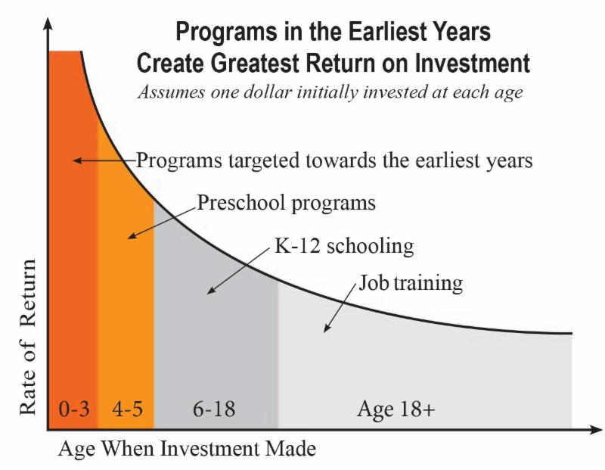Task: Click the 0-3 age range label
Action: tap(74, 410)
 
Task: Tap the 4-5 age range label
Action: tap(126, 410)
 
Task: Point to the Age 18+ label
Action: tap(396, 410)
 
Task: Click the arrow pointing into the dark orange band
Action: tap(102, 160)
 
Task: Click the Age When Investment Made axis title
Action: tap(186, 449)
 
